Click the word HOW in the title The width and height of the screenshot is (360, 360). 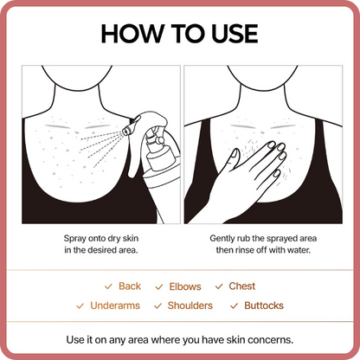click(132, 34)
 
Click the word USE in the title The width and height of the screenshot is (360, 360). click(235, 34)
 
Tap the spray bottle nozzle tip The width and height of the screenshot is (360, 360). click(126, 132)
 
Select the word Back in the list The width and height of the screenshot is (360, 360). click(130, 286)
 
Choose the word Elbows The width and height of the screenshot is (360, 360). click(185, 286)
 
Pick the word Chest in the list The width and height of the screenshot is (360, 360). click(242, 286)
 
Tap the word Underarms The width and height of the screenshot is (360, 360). click(115, 305)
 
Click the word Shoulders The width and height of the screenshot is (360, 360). click(190, 305)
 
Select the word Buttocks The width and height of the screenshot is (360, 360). click(264, 305)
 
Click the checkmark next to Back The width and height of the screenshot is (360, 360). click(108, 286)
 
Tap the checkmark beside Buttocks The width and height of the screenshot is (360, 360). click(234, 305)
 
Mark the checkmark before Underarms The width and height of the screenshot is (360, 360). click(80, 305)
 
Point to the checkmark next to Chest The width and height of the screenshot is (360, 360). click(219, 286)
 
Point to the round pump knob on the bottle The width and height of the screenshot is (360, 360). click(159, 140)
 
